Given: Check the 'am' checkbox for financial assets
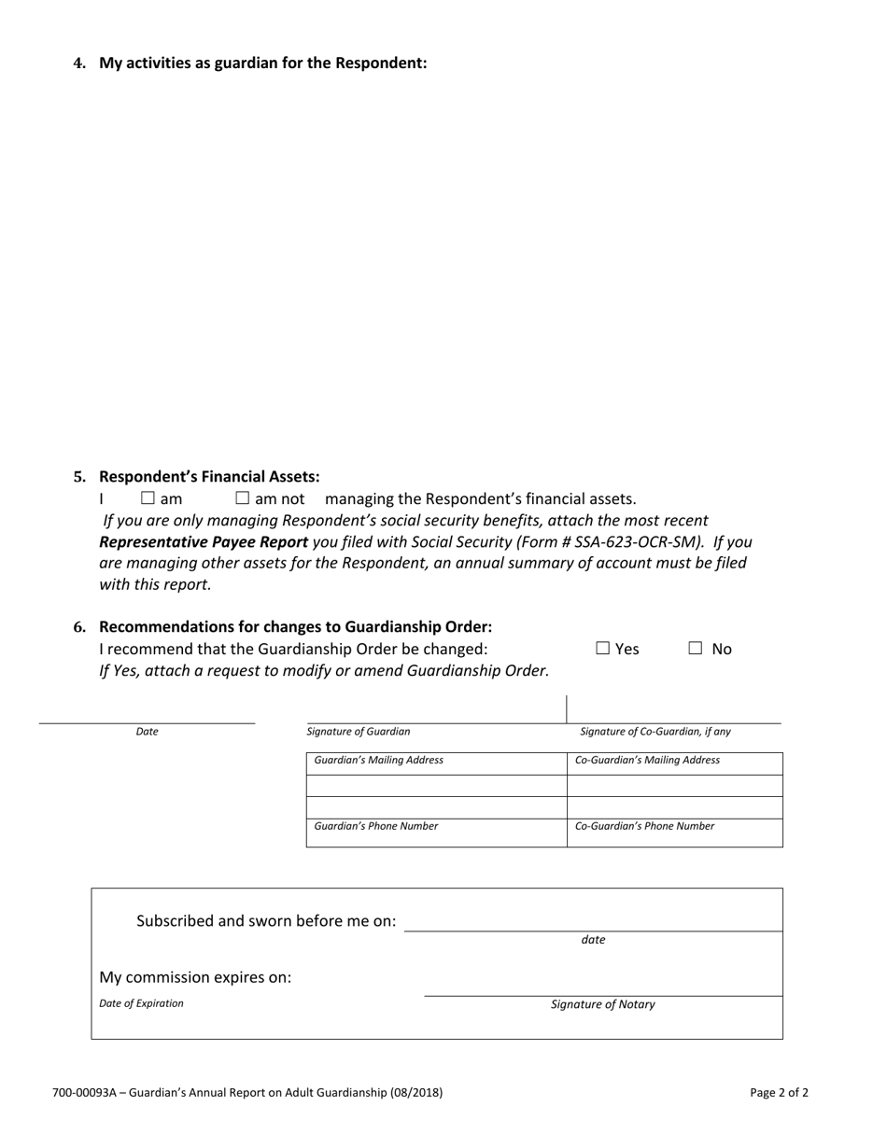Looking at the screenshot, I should pyautogui.click(x=148, y=498).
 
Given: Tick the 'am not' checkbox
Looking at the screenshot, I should pyautogui.click(x=243, y=498).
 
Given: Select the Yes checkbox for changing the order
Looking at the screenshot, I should pyautogui.click(x=603, y=648).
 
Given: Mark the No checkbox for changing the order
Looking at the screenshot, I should pyautogui.click(x=696, y=648).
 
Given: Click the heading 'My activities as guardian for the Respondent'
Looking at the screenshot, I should pyautogui.click(x=262, y=63).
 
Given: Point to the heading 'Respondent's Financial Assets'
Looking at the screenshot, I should pyautogui.click(x=209, y=477).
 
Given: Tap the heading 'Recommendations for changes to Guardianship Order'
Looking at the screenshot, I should pyautogui.click(x=295, y=626).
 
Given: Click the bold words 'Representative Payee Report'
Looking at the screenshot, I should pyautogui.click(x=204, y=541).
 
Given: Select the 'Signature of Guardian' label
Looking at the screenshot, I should pyautogui.click(x=359, y=732).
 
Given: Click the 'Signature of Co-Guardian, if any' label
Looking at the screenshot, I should pyautogui.click(x=655, y=732).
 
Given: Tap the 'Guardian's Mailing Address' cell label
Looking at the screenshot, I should pyautogui.click(x=379, y=761).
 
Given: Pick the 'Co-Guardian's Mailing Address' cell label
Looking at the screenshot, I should pyautogui.click(x=647, y=761).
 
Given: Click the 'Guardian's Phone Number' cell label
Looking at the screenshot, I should pyautogui.click(x=376, y=826).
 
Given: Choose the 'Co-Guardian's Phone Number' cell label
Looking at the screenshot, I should pyautogui.click(x=644, y=826).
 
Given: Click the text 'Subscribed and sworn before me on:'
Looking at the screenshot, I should pyautogui.click(x=266, y=921).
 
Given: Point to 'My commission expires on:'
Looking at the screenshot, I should pyautogui.click(x=195, y=977).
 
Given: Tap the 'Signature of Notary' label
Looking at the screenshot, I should pyautogui.click(x=603, y=1005).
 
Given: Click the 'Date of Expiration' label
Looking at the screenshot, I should pyautogui.click(x=142, y=1003).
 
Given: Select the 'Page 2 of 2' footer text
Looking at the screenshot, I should pyautogui.click(x=779, y=1092).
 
